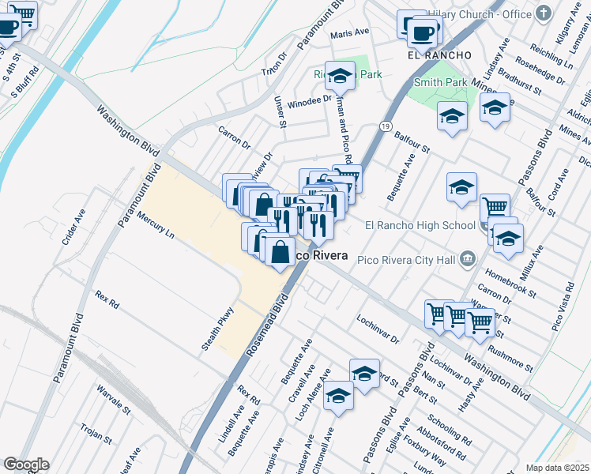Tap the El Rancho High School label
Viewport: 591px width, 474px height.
tap(420, 225)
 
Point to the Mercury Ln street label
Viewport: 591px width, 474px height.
tap(155, 224)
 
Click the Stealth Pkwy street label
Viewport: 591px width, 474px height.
tap(220, 328)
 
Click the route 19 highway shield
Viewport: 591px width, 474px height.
tap(385, 126)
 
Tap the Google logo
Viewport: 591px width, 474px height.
tap(26, 465)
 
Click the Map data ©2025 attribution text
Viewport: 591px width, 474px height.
tap(557, 468)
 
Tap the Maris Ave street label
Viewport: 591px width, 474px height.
tap(350, 33)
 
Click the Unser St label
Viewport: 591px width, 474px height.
tap(280, 112)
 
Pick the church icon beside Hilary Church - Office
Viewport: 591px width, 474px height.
tap(542, 13)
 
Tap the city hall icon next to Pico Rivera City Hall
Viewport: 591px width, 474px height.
tap(468, 258)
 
